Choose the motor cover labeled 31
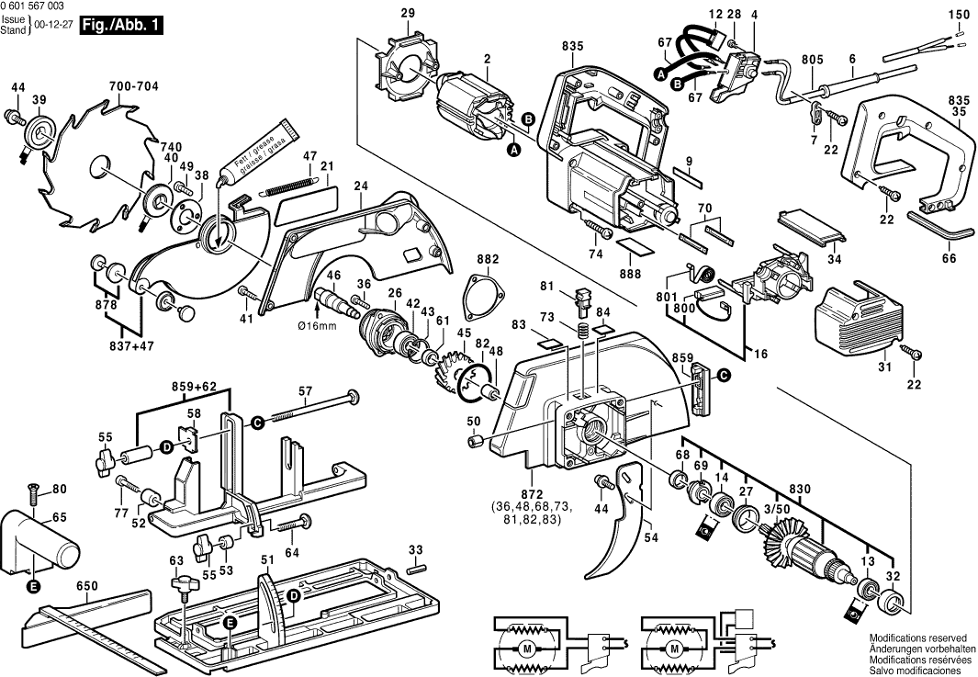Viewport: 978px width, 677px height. pyautogui.click(x=859, y=317)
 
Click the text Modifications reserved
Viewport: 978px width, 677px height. pyautogui.click(x=917, y=637)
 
